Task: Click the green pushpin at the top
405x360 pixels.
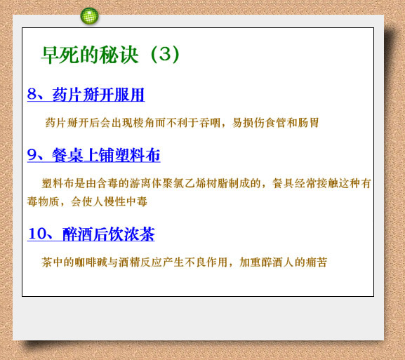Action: (89, 16)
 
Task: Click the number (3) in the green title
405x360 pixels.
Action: (165, 54)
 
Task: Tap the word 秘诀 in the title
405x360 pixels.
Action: (119, 55)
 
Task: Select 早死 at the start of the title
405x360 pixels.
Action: (60, 55)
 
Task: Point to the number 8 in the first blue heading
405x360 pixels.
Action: (32, 94)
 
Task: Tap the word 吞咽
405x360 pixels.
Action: (210, 123)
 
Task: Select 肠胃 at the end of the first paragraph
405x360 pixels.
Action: (308, 123)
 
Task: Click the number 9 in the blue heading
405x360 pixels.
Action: (32, 154)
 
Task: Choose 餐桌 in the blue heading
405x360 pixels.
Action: (67, 155)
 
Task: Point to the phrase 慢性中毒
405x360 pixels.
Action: (126, 201)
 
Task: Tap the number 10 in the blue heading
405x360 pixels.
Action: (37, 234)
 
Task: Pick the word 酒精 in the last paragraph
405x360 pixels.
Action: (129, 262)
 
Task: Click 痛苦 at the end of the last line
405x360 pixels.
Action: (317, 262)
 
